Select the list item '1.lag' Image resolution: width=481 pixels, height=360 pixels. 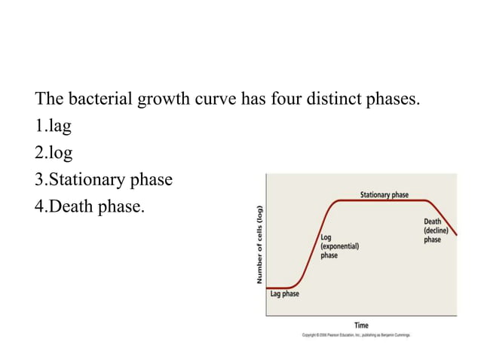[x=54, y=126]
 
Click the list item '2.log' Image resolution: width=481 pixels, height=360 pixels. [x=54, y=153]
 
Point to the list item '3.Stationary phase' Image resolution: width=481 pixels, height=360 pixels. [x=104, y=179]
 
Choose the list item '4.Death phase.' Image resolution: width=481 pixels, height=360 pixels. [x=89, y=206]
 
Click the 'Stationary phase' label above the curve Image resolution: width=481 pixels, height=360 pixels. [x=384, y=194]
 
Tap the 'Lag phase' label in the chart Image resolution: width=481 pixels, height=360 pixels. [x=284, y=294]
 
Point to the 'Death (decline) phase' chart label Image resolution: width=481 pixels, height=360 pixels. [x=434, y=230]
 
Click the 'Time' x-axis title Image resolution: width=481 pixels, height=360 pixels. [x=362, y=325]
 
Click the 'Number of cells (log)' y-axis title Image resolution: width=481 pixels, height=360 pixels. [x=259, y=245]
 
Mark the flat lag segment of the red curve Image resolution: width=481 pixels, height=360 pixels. [x=282, y=287]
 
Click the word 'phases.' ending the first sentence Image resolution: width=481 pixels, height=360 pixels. [x=392, y=99]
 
